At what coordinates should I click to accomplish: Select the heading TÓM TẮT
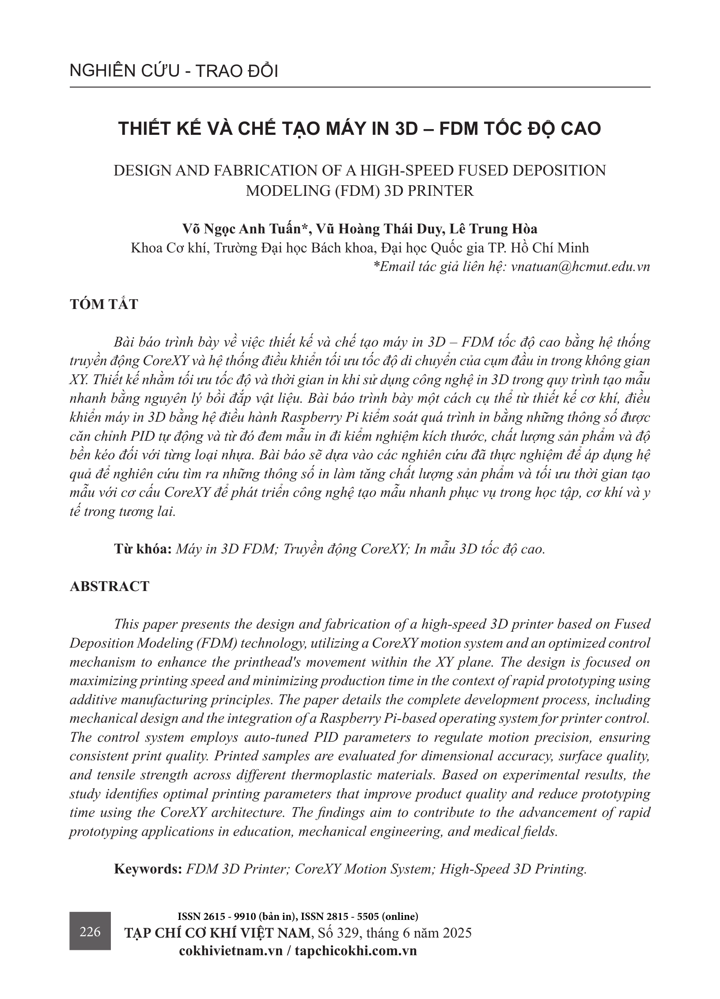click(x=104, y=305)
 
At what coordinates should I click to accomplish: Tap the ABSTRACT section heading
click(x=110, y=587)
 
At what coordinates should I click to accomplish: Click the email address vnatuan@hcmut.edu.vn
click(x=580, y=267)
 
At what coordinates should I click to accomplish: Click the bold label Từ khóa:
click(x=143, y=549)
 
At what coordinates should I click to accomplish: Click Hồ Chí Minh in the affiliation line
click(x=549, y=248)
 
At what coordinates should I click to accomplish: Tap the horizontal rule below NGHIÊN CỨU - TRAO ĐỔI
click(x=360, y=87)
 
